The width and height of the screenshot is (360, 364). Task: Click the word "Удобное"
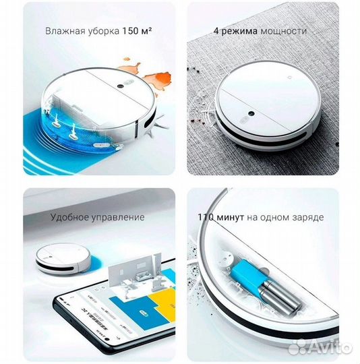point(71,217)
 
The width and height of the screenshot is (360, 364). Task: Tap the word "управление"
point(120,217)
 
